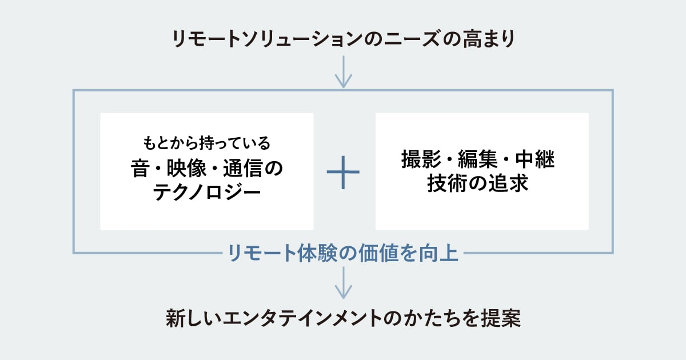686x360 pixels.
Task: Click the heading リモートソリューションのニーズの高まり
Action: coord(343,39)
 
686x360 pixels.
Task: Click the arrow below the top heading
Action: coord(343,72)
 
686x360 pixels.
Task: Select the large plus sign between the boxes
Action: coord(343,171)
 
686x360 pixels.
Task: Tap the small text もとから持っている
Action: coord(206,141)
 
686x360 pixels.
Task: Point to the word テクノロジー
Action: coord(207,193)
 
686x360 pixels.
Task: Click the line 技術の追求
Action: coord(482,185)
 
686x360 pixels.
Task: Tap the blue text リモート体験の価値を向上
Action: coord(343,253)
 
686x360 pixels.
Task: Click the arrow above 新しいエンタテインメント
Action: coord(343,283)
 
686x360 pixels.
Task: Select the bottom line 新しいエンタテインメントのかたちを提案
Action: coord(343,318)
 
